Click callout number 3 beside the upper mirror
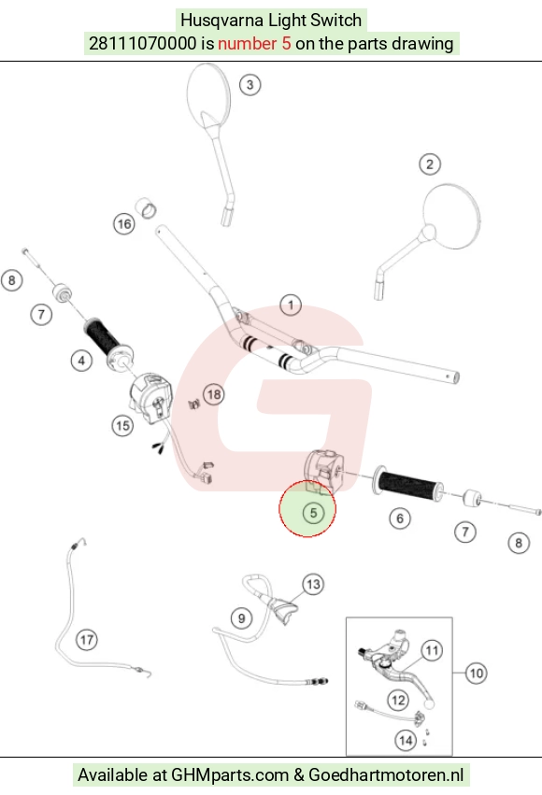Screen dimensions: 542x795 click(x=250, y=85)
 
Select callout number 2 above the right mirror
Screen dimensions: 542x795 click(x=430, y=164)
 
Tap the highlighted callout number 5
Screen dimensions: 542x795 click(x=313, y=513)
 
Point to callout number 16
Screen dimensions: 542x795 click(x=124, y=224)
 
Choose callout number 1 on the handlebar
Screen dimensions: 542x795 click(x=291, y=305)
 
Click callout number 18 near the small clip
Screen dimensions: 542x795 click(x=214, y=394)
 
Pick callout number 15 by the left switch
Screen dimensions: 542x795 click(x=122, y=425)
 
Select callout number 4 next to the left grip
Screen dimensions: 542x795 click(x=81, y=361)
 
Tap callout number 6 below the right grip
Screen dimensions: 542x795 click(x=400, y=518)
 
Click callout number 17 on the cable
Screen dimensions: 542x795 click(x=87, y=640)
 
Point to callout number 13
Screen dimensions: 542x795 click(x=313, y=585)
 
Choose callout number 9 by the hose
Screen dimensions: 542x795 click(x=241, y=618)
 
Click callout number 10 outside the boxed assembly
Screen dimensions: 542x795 click(x=476, y=674)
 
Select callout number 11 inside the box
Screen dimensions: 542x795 click(x=432, y=650)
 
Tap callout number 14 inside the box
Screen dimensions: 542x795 click(x=406, y=741)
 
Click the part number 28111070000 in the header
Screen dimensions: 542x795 click(x=142, y=44)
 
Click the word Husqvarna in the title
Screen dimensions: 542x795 click(x=222, y=21)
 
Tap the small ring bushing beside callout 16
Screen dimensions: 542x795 click(x=146, y=208)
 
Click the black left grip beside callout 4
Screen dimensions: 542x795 click(x=103, y=335)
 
